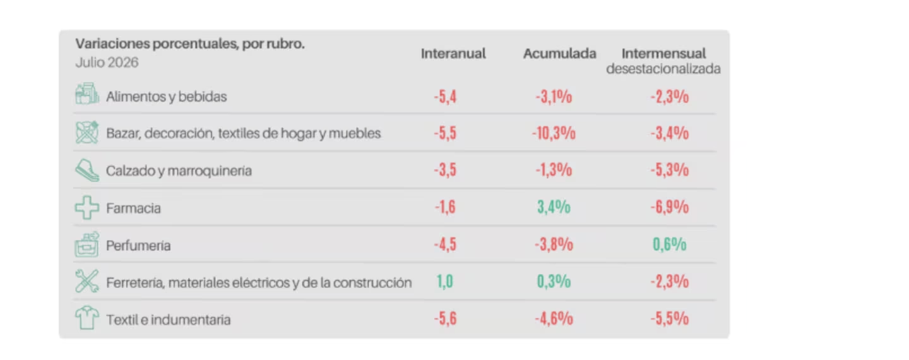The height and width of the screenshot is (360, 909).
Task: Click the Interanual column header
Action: (x=453, y=54)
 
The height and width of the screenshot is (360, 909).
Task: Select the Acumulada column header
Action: (x=559, y=54)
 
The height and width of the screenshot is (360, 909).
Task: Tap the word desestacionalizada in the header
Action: (x=663, y=69)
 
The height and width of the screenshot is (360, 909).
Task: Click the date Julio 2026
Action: (x=107, y=63)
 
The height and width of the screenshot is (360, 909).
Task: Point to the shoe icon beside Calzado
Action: (x=87, y=170)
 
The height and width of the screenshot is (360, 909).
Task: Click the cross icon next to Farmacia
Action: (x=87, y=207)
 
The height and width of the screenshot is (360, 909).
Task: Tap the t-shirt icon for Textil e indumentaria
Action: (x=87, y=318)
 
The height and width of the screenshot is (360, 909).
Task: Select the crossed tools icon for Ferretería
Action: (x=87, y=281)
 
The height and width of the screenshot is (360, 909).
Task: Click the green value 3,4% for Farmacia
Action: (x=554, y=207)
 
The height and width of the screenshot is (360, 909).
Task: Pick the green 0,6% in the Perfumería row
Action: (x=670, y=244)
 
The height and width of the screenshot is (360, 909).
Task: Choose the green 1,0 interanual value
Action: (x=445, y=282)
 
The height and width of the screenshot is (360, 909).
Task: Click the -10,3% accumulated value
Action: (x=554, y=133)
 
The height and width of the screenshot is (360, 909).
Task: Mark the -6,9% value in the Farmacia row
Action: (x=670, y=207)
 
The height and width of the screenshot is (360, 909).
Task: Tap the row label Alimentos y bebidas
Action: (x=167, y=97)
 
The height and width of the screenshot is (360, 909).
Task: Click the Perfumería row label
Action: (x=138, y=246)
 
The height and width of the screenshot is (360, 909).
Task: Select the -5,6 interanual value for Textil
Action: (x=445, y=318)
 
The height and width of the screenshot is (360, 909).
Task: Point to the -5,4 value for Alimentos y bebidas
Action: (x=445, y=97)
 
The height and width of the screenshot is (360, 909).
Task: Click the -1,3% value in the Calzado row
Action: (x=554, y=170)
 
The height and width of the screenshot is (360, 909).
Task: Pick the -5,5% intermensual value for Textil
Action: (x=670, y=318)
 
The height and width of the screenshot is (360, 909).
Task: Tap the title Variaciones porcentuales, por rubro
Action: (x=190, y=44)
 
